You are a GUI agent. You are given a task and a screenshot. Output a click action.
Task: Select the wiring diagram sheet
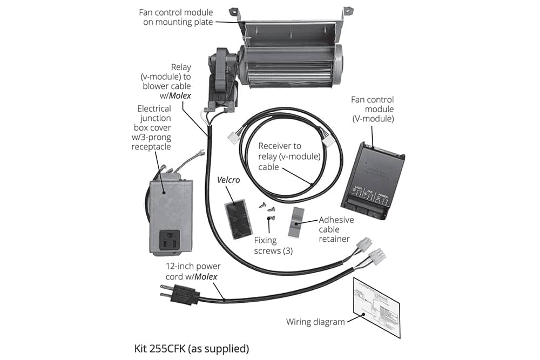(x=376, y=307)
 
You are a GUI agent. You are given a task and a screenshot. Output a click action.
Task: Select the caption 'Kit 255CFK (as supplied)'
(x=191, y=348)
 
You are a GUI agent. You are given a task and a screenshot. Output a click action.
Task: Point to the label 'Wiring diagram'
(x=315, y=322)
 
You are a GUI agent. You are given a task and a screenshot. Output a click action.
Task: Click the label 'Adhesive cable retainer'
(x=336, y=229)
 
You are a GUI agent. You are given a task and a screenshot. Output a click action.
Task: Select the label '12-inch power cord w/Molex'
(x=193, y=271)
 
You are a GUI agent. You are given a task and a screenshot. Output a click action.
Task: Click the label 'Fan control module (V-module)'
(x=373, y=108)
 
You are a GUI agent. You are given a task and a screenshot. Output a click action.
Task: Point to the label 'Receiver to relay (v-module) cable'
(x=289, y=157)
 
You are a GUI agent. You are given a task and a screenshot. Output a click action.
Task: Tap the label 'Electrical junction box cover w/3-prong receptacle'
(x=152, y=128)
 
